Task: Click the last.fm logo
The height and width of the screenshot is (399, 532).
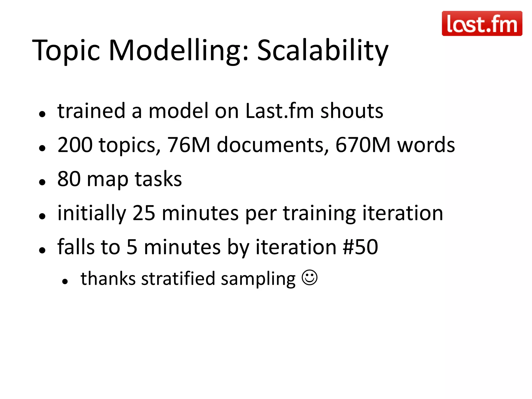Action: coord(482,23)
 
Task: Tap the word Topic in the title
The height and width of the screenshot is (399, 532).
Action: coord(66,51)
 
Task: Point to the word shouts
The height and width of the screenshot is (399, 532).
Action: coord(352,111)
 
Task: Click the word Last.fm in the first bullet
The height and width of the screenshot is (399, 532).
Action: coord(280,111)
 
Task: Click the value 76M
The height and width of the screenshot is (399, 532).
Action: coord(188,145)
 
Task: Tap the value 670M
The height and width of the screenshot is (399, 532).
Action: coord(363,145)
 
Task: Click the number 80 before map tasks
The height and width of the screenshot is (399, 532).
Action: coord(69,179)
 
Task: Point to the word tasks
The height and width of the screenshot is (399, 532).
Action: coord(158,179)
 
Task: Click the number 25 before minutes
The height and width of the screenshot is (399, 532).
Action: coord(144,213)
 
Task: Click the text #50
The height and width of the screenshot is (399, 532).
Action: coord(360,247)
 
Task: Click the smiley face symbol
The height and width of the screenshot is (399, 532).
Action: coord(309,278)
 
